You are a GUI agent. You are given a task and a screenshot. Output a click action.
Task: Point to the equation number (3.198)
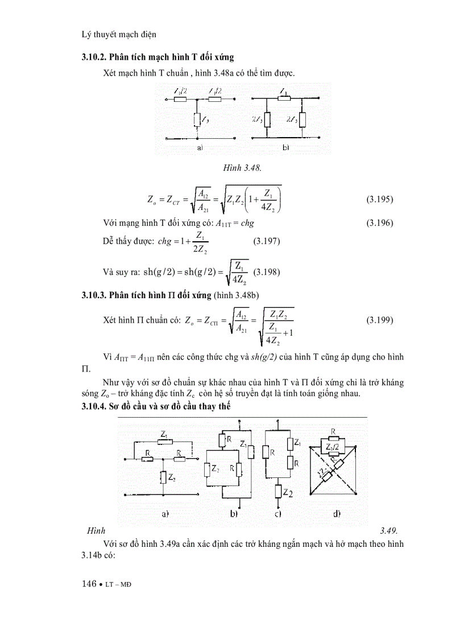[266, 271]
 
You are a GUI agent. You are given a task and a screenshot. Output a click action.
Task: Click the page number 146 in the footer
[90, 584]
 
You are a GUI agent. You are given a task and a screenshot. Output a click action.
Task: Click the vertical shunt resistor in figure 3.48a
[197, 120]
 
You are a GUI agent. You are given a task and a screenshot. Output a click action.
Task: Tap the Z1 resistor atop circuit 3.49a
[164, 440]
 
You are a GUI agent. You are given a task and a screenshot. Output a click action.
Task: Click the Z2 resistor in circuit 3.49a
[163, 477]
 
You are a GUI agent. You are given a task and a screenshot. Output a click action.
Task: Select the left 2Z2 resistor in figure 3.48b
[267, 120]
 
